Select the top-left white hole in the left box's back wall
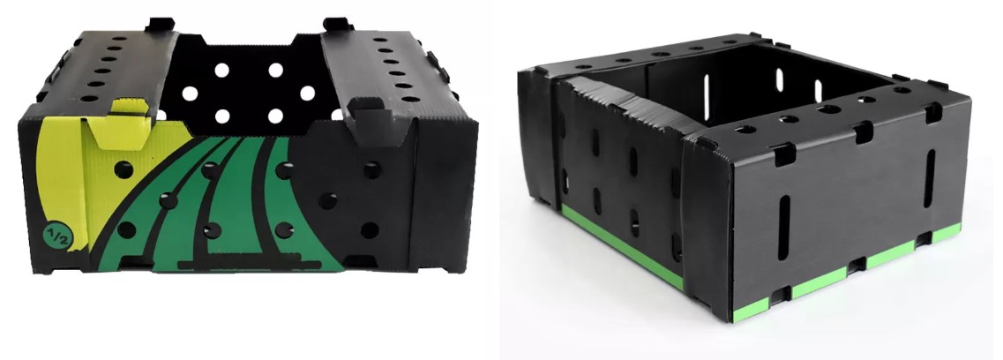point(221,70)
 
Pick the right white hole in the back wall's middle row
point(308,94)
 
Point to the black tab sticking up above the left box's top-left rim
point(160,25)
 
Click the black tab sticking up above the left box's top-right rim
point(338,26)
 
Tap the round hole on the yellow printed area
point(124,169)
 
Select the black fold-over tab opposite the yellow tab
point(371,117)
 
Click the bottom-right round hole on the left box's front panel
point(369,230)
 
